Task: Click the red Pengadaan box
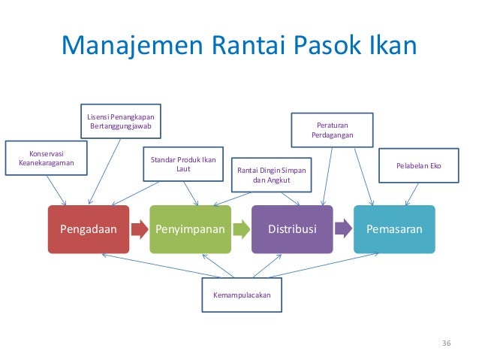(89, 229)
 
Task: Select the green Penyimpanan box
(191, 229)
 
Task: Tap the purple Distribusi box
(293, 229)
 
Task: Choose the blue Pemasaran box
(394, 229)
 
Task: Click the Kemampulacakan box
(242, 295)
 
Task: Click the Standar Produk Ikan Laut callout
(183, 165)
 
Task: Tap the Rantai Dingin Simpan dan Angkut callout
(273, 175)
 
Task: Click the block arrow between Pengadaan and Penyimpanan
(140, 229)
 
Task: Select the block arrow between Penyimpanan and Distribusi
(241, 229)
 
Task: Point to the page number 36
(447, 343)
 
